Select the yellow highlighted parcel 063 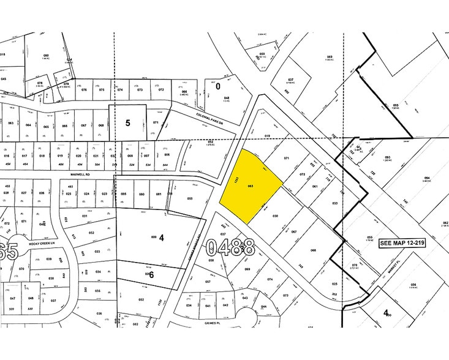pos(250,186)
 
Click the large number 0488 pos(230,248)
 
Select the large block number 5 pos(127,122)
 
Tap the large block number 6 pos(151,275)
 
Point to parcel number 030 pos(275,216)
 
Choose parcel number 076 pos(85,90)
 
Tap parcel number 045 pos(4,79)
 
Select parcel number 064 pos(28,126)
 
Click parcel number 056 pos(413,285)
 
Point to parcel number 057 pos(208,282)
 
